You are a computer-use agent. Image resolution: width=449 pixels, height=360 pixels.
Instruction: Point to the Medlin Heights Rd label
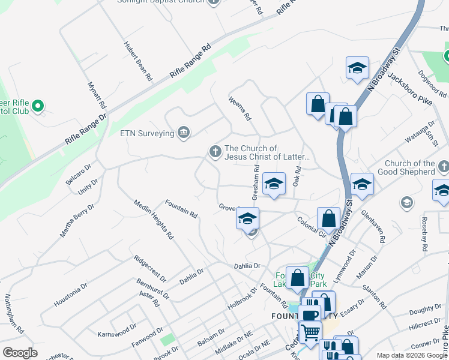click(x=154, y=220)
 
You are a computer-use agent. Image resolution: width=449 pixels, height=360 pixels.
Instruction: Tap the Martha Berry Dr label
click(x=77, y=220)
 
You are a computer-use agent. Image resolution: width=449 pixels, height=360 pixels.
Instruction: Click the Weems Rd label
click(x=238, y=109)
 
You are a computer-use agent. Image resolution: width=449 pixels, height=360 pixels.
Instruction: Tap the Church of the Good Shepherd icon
click(x=443, y=167)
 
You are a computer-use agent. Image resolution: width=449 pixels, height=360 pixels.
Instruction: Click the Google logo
click(x=20, y=353)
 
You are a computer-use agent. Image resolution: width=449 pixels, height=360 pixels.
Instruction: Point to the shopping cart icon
click(x=310, y=332)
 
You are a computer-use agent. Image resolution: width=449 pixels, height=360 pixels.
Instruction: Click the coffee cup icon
click(x=309, y=315)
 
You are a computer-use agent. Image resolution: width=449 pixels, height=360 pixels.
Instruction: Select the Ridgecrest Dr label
click(x=150, y=270)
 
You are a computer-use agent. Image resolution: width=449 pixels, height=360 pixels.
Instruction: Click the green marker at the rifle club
click(x=38, y=106)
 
